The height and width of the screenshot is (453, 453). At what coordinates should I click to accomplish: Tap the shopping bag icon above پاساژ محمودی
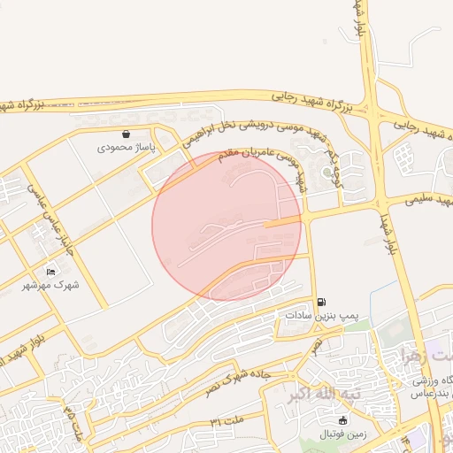[127, 134]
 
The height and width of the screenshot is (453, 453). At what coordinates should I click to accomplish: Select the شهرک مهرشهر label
[50, 285]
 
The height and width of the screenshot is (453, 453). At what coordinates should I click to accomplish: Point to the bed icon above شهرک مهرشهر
[50, 272]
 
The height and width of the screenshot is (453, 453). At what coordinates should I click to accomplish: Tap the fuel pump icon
[319, 302]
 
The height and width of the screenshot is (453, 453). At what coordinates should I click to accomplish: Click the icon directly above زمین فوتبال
[344, 421]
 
